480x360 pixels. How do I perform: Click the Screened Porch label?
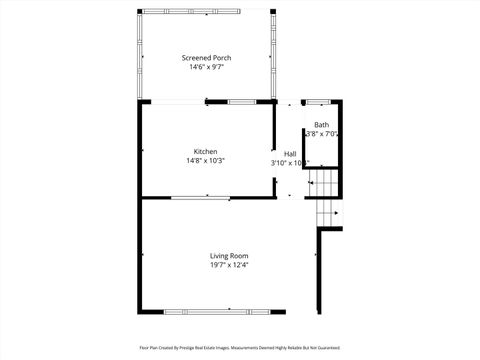206,58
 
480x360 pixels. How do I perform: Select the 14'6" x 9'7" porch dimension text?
206,67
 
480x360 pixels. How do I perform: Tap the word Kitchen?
205,152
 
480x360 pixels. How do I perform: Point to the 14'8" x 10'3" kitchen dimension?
205,161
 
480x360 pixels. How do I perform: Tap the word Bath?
321,125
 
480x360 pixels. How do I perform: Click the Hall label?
289,153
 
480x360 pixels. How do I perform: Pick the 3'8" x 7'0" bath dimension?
321,134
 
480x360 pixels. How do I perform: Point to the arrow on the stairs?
336,212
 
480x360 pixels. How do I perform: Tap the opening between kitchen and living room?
204,198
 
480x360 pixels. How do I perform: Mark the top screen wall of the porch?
206,11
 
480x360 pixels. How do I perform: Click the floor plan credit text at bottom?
240,348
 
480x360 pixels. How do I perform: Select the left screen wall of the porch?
140,56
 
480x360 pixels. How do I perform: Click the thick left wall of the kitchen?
140,150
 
